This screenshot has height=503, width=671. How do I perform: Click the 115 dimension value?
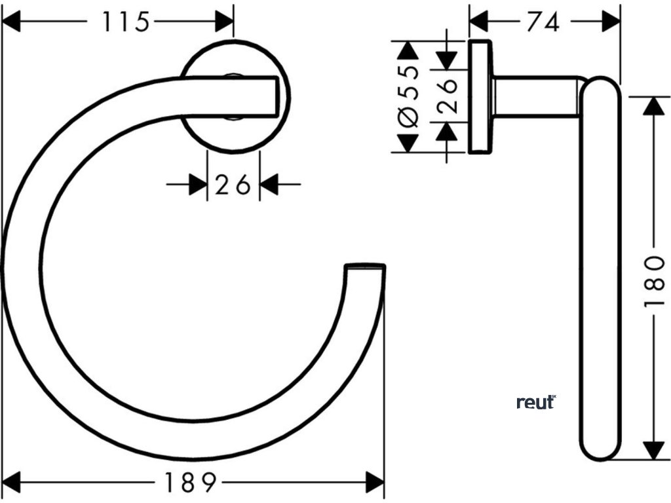[x=125, y=22]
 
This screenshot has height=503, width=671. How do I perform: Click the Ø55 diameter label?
[x=408, y=96]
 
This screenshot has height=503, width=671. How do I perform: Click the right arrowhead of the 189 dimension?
[x=375, y=483]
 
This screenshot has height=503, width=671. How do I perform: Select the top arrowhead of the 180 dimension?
[x=653, y=105]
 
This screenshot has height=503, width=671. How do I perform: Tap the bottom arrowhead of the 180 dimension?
[x=653, y=451]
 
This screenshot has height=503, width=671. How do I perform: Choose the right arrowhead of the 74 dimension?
[x=611, y=22]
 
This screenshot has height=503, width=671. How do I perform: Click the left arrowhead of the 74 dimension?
[x=479, y=22]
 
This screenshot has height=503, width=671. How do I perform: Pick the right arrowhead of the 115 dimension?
[x=224, y=22]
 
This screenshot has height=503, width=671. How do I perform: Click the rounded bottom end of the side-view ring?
[x=600, y=451]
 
